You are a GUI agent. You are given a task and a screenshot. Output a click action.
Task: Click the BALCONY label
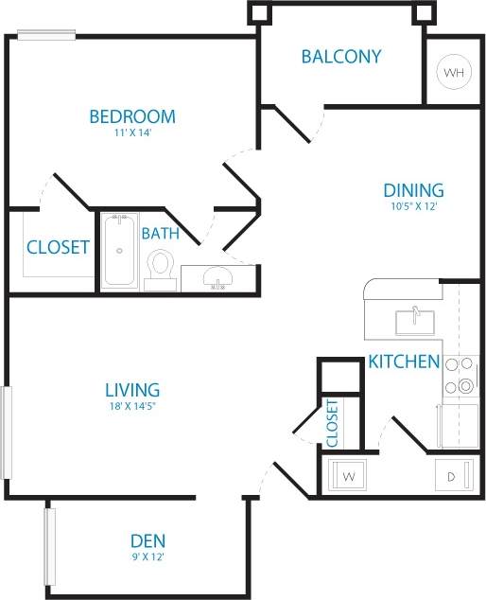point(341,56)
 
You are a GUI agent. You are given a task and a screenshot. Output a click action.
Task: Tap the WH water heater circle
point(453,72)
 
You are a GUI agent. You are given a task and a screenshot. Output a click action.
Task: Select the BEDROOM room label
point(132,117)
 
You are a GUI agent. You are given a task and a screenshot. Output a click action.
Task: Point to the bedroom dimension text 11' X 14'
point(132,133)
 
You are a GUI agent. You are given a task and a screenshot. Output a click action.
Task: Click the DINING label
point(413,190)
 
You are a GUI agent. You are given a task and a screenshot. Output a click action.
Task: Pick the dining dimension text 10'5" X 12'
point(413,205)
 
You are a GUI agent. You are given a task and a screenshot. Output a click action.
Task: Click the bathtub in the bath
point(118,253)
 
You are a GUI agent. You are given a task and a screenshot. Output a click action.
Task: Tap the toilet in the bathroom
point(161,266)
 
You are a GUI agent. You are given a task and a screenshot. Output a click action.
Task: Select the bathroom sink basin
point(219,277)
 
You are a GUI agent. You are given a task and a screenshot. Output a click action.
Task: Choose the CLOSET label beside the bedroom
point(58,247)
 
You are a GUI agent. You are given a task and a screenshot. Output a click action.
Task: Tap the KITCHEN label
point(404,362)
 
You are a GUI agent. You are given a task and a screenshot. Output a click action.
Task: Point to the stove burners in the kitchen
point(464,375)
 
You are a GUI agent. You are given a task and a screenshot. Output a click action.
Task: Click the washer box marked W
point(348,474)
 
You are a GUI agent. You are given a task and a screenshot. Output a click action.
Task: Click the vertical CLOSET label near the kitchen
point(332,422)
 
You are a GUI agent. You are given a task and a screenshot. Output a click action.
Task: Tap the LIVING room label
point(131,389)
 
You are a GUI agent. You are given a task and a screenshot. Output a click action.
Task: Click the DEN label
point(148,541)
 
